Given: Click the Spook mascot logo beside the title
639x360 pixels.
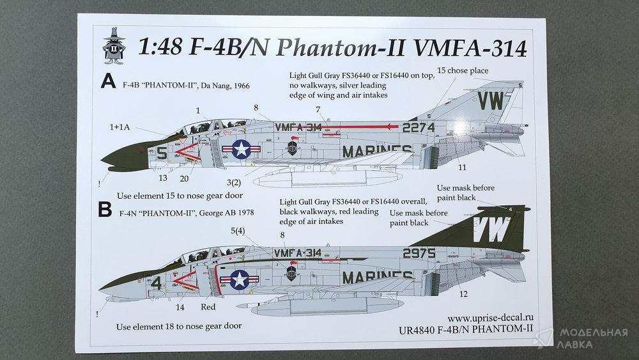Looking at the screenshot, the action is [x=114, y=45].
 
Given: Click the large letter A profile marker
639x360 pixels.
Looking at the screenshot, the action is [x=108, y=81].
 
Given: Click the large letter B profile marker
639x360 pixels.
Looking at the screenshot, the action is [x=105, y=209].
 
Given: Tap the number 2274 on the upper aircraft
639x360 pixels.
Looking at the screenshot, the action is [x=419, y=128].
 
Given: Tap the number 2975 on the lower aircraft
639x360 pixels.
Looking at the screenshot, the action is [x=419, y=253].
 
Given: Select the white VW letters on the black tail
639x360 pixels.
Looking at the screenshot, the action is [x=490, y=229].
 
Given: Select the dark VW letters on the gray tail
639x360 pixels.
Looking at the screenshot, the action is [x=491, y=100].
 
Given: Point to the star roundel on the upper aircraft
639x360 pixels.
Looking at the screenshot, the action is [x=242, y=149].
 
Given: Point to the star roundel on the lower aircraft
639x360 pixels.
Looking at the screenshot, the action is [x=240, y=279].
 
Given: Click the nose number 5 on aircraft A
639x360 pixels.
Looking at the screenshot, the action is [x=162, y=153].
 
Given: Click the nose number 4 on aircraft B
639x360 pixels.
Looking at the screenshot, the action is [x=156, y=283].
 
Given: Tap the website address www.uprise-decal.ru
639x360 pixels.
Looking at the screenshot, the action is [x=490, y=318].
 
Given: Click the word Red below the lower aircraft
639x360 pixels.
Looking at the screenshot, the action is [x=208, y=306].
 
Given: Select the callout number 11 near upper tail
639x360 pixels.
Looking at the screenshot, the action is [x=462, y=167].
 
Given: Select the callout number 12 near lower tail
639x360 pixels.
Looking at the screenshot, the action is [x=463, y=294].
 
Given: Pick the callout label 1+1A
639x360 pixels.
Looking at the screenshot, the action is [x=119, y=127].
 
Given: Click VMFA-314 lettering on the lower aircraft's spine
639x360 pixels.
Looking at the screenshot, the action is [x=298, y=253].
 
